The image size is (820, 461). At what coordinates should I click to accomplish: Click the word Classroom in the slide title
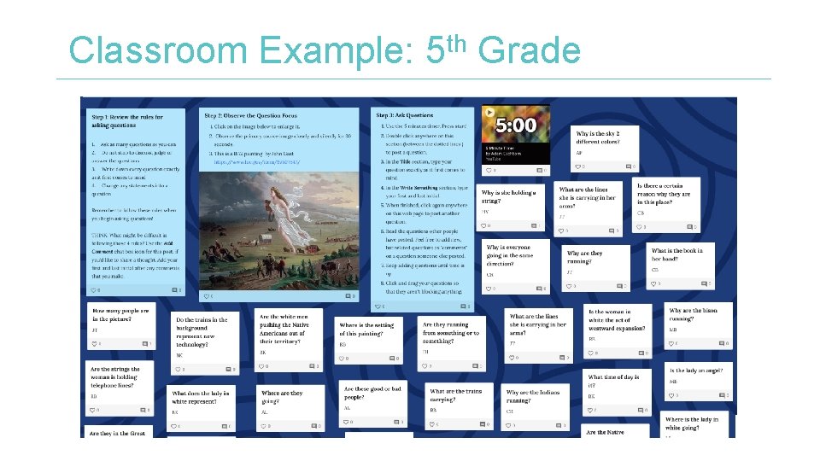click(x=159, y=51)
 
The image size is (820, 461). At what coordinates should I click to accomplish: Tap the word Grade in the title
click(x=530, y=51)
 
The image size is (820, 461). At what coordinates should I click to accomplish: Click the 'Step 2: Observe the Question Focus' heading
click(x=249, y=114)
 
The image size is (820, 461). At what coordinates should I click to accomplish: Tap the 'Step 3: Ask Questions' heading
click(x=405, y=114)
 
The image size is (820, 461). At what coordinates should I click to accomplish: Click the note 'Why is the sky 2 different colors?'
click(x=600, y=137)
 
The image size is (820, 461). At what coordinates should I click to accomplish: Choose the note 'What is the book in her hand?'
click(x=678, y=254)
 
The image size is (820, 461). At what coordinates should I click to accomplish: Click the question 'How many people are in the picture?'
click(x=120, y=314)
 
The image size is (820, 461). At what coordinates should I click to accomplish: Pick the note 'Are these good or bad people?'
click(x=372, y=393)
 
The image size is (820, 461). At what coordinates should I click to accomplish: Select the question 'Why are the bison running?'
click(x=694, y=314)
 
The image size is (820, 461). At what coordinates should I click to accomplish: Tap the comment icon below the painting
click(x=347, y=295)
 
